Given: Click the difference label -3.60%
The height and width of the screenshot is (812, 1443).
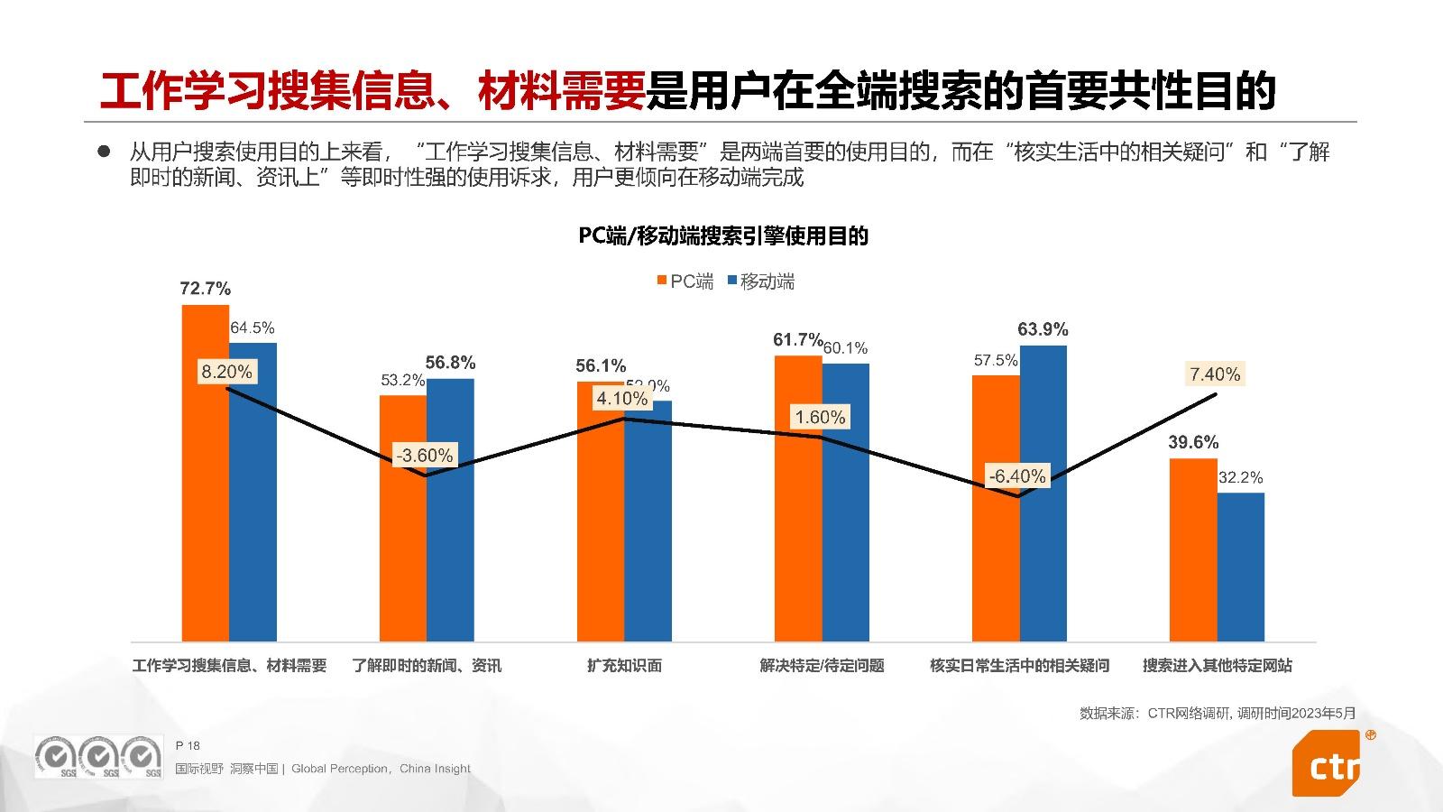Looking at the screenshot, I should (x=425, y=456).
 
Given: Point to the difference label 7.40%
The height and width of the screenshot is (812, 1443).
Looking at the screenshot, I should (x=1215, y=374).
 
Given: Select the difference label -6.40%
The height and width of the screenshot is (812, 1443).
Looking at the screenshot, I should (x=1017, y=476).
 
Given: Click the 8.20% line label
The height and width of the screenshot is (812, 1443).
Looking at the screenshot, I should (x=226, y=372).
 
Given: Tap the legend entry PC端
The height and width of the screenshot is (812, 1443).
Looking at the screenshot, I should (x=685, y=281).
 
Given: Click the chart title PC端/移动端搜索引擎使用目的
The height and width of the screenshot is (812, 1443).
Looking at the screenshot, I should (x=722, y=236).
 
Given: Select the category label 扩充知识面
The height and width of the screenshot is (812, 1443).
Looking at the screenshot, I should (x=624, y=666).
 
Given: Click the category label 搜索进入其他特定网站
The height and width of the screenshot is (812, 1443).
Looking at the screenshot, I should (x=1217, y=666).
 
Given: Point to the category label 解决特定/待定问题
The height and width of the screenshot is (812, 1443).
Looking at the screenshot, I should (x=822, y=666).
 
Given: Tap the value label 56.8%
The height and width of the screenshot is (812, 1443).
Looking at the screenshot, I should (x=450, y=363).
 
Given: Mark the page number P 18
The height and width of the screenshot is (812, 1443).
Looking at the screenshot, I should (x=188, y=745).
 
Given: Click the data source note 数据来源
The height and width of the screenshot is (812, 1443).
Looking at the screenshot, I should (x=1217, y=713).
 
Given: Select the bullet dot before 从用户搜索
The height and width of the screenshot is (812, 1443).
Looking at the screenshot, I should (x=104, y=151).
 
